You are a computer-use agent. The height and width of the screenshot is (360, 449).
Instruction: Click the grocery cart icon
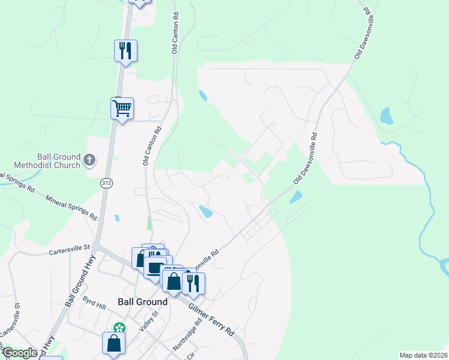click(122, 109)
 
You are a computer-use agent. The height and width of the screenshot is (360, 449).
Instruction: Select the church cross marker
click(89, 160)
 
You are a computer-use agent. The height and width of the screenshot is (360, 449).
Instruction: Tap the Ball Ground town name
click(137, 302)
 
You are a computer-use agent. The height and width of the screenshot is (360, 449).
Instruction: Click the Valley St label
click(148, 321)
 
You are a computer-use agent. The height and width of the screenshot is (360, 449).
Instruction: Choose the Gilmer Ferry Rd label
click(211, 319)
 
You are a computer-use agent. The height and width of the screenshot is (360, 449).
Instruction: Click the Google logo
click(20, 353)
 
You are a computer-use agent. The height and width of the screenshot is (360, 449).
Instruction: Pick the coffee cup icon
click(154, 267)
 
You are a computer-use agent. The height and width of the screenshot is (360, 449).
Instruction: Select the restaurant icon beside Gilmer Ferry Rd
click(193, 283)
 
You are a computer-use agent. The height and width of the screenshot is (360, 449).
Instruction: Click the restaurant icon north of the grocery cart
click(125, 50)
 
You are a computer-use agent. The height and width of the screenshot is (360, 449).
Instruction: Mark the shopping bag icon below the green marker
click(113, 344)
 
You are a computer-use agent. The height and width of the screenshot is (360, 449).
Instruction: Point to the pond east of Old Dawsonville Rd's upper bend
click(385, 115)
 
